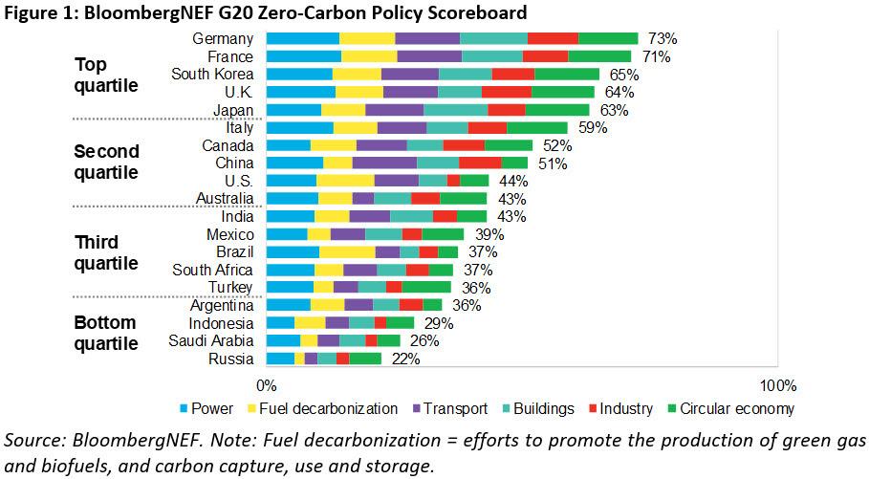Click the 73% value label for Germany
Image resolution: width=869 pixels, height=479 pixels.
pos(663,39)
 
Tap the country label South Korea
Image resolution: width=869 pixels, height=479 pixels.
pos(212,75)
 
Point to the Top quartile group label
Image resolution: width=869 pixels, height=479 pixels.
pos(107,75)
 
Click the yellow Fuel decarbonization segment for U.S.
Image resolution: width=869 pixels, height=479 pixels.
pos(345,181)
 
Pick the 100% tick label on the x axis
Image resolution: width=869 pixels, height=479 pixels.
pos(777,385)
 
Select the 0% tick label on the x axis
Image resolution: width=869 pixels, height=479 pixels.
pos(267,385)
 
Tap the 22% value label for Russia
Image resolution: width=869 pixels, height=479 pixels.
pos(405,359)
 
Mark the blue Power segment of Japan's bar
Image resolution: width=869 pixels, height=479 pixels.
pos(293,110)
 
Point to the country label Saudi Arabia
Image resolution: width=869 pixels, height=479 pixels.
pos(211,340)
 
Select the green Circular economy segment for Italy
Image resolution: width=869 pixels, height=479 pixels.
pos(536,128)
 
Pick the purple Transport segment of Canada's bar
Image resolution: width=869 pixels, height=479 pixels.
pos(381,145)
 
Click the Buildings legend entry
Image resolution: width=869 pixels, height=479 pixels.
pos(542,409)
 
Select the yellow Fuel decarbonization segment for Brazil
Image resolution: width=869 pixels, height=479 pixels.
pos(347,252)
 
